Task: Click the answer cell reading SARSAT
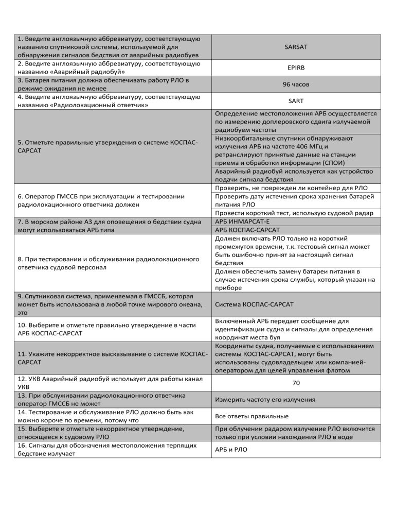coord(296,46)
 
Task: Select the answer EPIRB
coord(296,67)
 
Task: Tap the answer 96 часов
coord(296,84)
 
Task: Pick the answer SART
coord(296,101)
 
